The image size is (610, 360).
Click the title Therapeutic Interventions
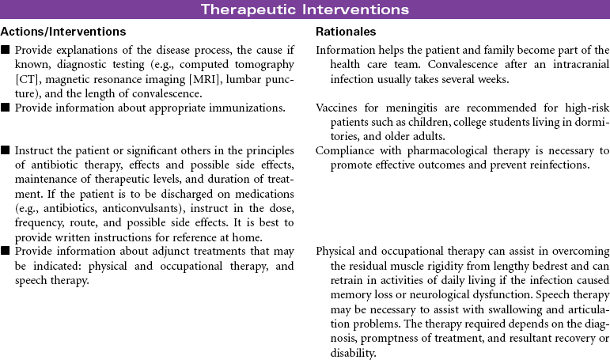point(305,9)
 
